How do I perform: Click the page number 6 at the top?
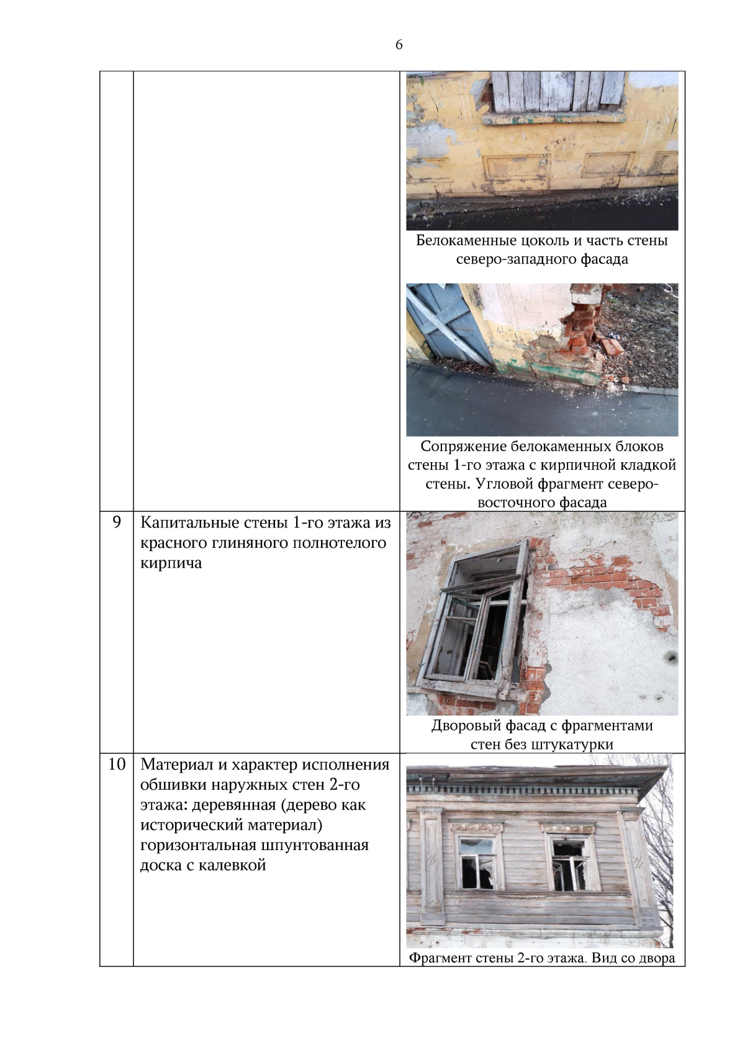[x=399, y=45]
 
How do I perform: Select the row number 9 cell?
[x=117, y=522]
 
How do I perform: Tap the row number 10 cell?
[x=117, y=764]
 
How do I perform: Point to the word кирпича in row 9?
[x=171, y=563]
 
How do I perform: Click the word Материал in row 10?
[x=174, y=764]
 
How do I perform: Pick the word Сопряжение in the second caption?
[x=463, y=447]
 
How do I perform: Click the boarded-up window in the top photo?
[x=558, y=92]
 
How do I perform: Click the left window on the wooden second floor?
[x=477, y=863]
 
